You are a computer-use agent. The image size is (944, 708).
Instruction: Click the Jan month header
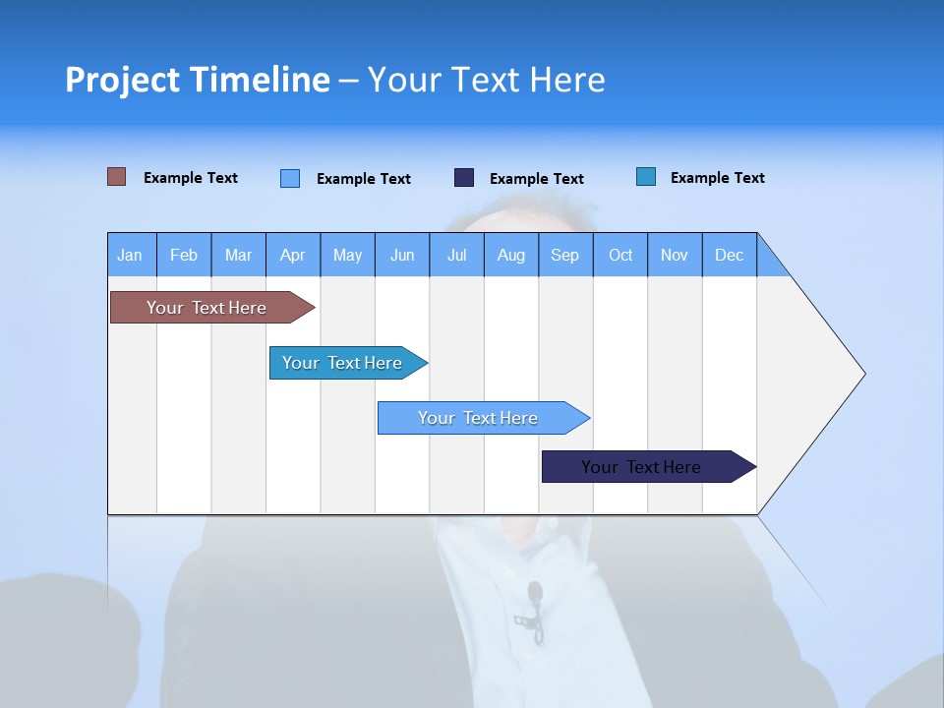130,255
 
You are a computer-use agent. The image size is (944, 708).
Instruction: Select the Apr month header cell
293,255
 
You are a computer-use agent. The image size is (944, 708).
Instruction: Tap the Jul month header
456,255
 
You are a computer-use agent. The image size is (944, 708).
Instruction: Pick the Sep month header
564,255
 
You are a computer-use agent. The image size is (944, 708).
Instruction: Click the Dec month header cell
729,255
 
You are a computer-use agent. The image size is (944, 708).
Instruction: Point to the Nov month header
675,255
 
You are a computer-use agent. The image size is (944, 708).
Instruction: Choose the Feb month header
184,255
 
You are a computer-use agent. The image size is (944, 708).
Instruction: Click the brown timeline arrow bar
207,308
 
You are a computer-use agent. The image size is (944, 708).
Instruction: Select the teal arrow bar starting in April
343,363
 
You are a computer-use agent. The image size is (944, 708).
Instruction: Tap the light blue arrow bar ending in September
479,418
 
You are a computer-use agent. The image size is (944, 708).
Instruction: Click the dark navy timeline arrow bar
642,467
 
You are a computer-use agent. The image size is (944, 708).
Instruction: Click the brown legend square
117,177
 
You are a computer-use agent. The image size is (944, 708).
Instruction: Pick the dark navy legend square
464,177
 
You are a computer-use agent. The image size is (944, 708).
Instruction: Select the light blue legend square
290,178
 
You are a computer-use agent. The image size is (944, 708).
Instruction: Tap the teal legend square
646,177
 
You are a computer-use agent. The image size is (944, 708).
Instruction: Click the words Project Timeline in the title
198,80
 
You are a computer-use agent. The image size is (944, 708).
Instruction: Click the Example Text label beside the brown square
191,178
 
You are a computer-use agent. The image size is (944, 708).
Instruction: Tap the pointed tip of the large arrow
862,374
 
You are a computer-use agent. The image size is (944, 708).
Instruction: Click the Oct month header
620,255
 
